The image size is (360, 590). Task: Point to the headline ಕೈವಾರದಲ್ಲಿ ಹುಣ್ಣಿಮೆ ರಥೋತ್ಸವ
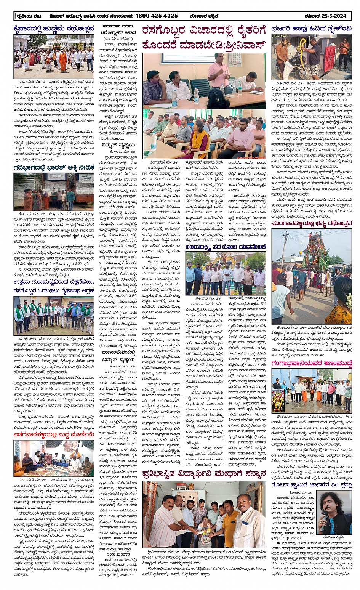tap(53, 29)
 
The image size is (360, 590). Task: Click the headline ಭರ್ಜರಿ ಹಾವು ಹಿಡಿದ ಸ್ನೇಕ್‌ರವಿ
tap(312, 29)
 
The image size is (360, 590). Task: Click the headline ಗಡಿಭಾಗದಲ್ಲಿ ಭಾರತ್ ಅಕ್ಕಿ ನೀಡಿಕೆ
tap(53, 167)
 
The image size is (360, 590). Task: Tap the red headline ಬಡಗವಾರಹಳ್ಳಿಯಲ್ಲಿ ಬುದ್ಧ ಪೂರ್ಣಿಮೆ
tap(53, 434)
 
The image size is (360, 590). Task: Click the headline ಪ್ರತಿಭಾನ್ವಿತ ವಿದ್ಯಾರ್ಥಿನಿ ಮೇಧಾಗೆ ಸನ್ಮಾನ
tap(204, 475)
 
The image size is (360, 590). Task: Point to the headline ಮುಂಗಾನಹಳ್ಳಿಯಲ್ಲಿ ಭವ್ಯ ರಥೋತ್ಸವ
tap(312, 224)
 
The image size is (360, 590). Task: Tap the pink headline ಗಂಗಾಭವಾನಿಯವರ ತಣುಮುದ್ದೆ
tap(312, 364)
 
